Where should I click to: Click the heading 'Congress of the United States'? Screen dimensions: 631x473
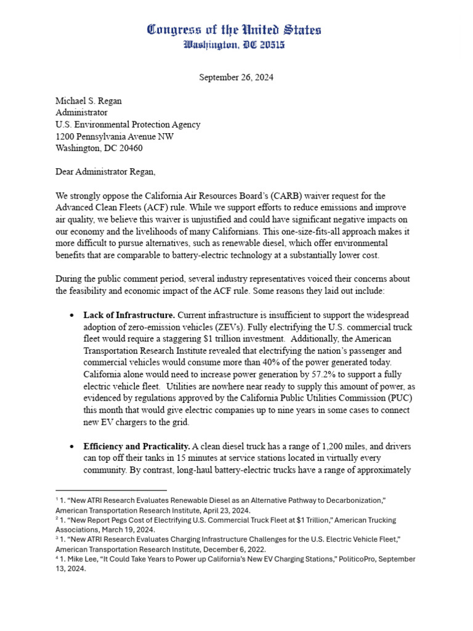[x=234, y=30]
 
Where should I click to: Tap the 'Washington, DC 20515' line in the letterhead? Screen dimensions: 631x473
[x=234, y=44]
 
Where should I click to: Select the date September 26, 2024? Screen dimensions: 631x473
[x=236, y=78]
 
